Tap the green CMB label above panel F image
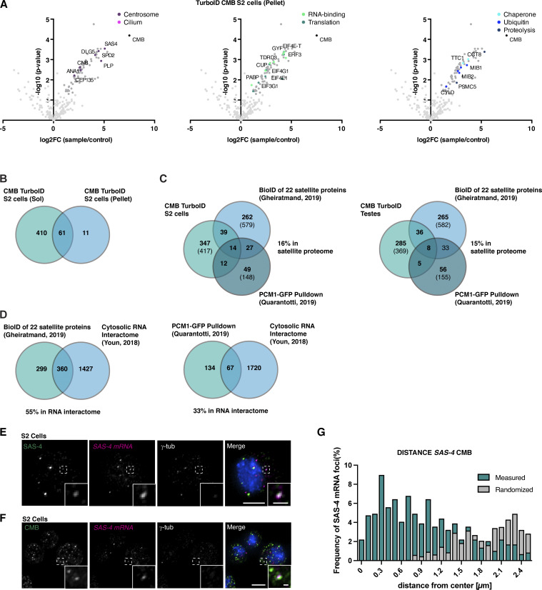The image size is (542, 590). pyautogui.click(x=29, y=515)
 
